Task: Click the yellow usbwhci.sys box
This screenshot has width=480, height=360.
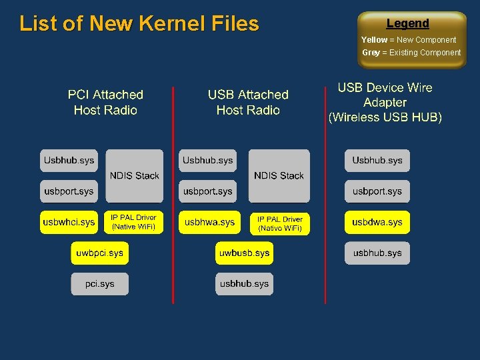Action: point(69,222)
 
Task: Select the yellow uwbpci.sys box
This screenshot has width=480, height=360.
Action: point(99,253)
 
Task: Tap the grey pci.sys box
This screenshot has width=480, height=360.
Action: point(99,284)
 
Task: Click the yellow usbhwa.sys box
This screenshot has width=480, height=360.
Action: point(209,222)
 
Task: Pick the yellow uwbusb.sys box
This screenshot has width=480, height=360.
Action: point(244,253)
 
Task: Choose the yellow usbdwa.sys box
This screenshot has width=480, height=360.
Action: point(377,222)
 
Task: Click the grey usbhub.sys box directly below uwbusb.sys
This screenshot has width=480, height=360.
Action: point(244,284)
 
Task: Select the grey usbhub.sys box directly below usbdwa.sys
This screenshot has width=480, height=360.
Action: point(377,253)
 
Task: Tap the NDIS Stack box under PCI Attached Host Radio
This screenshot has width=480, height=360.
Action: point(134,175)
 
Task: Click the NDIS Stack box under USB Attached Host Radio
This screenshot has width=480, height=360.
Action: point(279,175)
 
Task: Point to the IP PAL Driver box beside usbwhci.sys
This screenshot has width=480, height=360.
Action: point(133,222)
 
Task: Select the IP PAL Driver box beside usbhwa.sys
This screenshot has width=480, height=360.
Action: point(280,223)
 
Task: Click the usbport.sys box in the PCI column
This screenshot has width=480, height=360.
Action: point(69,191)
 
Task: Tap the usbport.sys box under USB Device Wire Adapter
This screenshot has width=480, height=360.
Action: point(377,191)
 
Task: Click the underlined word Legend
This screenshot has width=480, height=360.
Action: point(408,23)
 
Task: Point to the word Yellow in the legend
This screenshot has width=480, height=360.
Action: point(374,40)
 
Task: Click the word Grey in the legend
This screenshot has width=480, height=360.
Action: point(371,53)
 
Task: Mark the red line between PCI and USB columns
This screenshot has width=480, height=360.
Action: point(173,200)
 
